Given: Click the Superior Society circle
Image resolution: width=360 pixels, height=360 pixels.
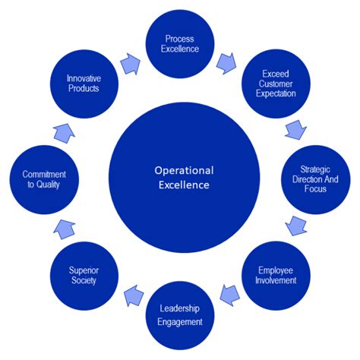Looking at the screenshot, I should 85,274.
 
